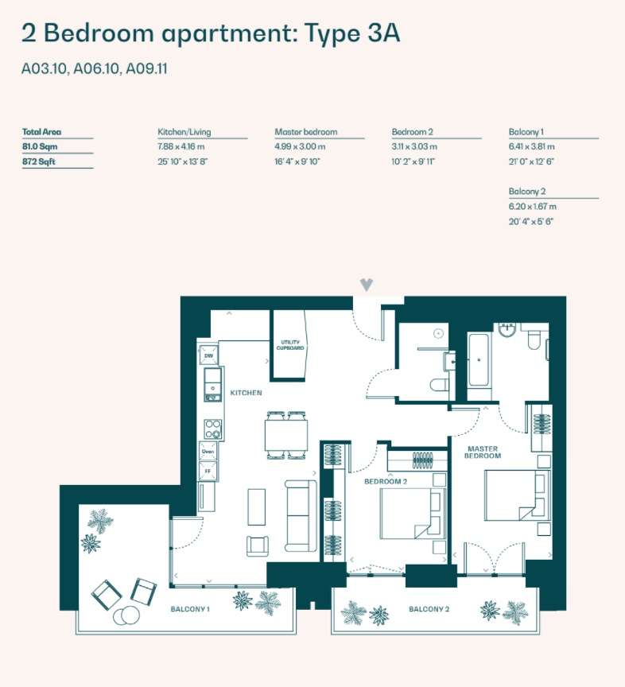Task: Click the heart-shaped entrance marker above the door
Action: point(367,285)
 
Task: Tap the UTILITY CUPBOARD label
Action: point(290,345)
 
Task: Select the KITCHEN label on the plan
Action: point(246,393)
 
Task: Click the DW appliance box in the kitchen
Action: point(208,355)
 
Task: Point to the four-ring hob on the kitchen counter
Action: point(213,429)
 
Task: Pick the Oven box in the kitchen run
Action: point(208,452)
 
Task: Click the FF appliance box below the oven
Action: point(208,471)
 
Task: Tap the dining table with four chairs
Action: point(285,435)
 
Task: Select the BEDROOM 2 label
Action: point(386,482)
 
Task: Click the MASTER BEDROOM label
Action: point(483,452)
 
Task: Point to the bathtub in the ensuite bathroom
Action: point(478,359)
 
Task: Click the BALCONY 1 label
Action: point(190,609)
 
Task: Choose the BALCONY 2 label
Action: point(429,609)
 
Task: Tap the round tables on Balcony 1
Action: point(126,615)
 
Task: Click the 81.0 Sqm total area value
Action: point(40,146)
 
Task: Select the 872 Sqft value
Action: point(39,161)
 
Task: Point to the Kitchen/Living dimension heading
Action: point(184,132)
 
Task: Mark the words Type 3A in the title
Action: point(352,33)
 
